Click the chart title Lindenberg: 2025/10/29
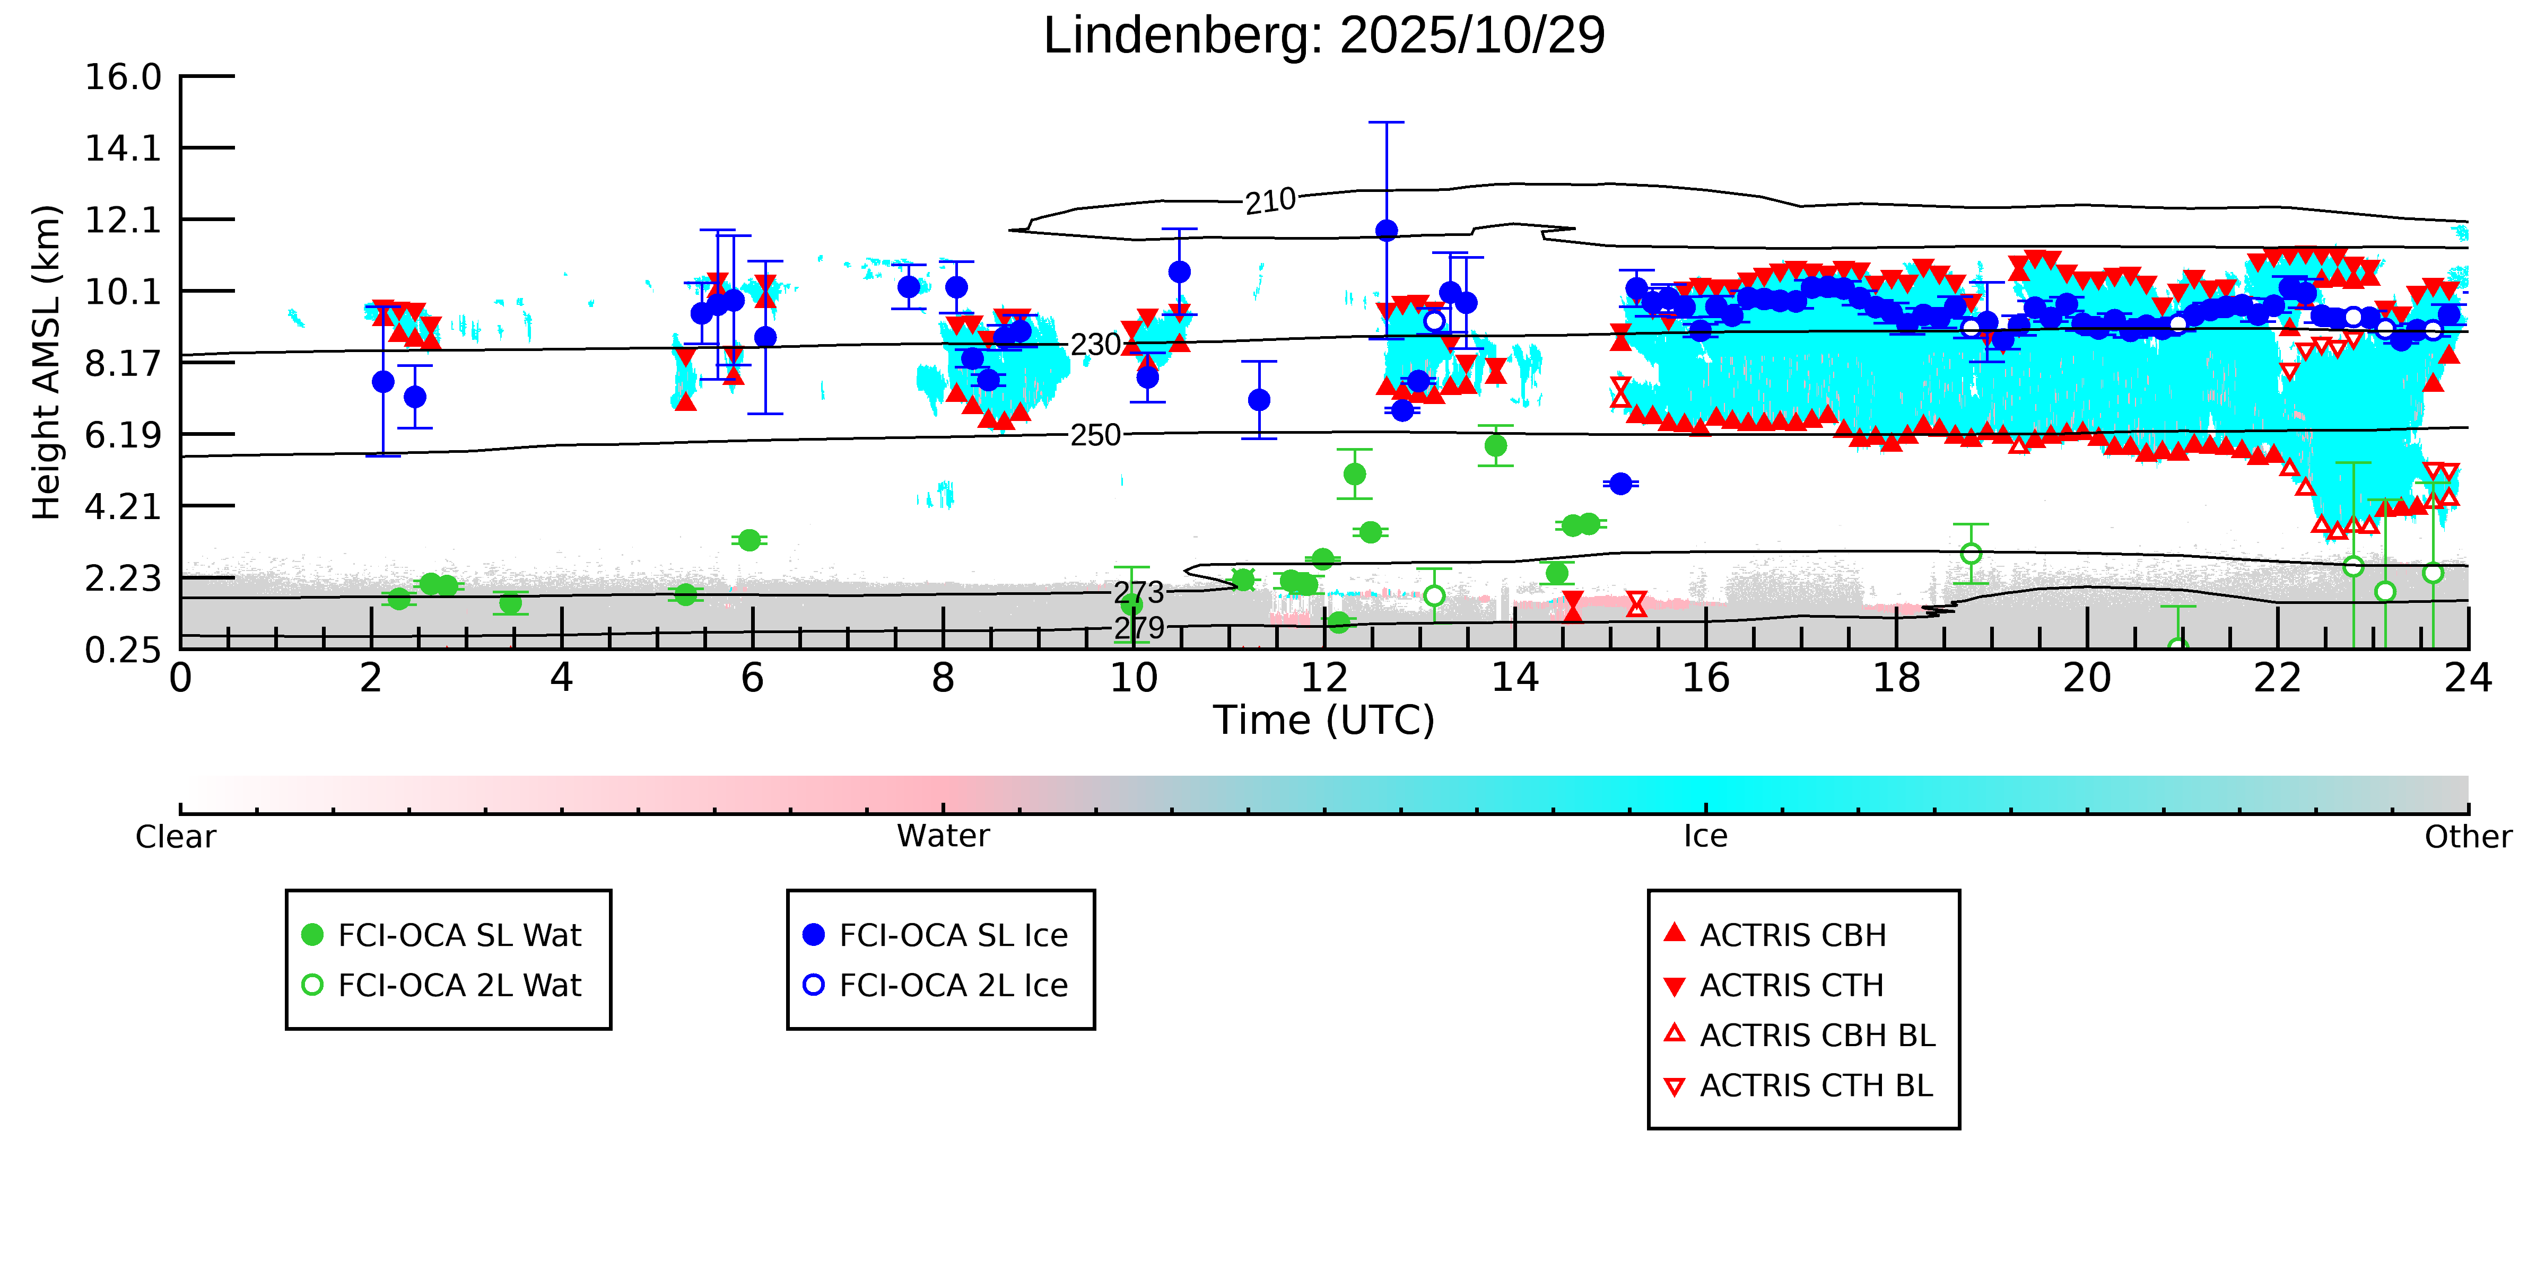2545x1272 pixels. coord(1324,36)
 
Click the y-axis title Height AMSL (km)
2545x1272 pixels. coord(47,363)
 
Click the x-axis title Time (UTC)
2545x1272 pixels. coord(1324,720)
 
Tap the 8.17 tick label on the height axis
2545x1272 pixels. coord(123,363)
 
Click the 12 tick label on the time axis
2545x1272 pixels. coord(1324,679)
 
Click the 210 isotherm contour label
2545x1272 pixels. coord(1269,201)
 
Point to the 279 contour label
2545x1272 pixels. coord(1139,627)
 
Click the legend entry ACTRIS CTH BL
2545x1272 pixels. coord(1816,1085)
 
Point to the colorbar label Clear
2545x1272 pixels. coord(176,837)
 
